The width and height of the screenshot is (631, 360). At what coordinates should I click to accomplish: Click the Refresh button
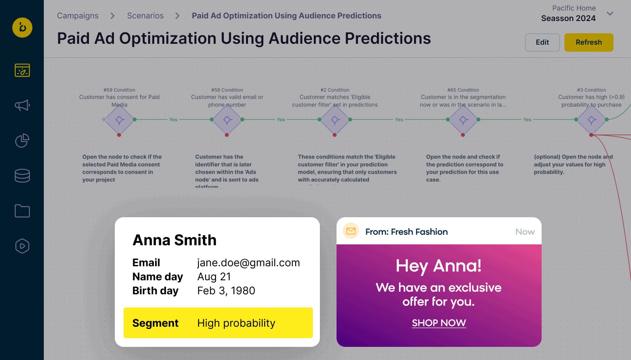point(588,42)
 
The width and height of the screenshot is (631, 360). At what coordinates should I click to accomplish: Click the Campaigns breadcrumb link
point(78,16)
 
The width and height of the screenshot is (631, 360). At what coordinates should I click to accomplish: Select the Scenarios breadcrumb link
point(145,16)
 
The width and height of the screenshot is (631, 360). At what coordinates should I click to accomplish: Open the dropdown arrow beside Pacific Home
point(610,14)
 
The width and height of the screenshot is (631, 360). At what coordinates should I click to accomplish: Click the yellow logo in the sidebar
point(22,28)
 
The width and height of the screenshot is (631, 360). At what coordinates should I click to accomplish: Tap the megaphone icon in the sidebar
point(22,105)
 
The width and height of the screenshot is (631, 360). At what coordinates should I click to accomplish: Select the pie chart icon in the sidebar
point(22,141)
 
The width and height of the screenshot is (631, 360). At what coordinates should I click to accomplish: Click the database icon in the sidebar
point(22,176)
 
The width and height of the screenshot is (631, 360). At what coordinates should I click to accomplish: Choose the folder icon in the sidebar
point(22,211)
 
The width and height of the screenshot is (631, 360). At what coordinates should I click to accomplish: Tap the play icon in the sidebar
point(22,246)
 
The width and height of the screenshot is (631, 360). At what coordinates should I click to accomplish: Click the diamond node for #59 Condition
point(119,120)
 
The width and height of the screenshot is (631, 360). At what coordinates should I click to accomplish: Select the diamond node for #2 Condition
point(335,120)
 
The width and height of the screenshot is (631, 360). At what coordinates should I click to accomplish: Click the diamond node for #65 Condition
point(463,120)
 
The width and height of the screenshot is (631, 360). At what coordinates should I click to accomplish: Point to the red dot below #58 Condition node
point(227,135)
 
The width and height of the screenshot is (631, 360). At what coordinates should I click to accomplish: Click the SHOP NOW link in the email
point(439,323)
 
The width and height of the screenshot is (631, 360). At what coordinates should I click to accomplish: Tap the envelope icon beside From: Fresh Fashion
point(351,231)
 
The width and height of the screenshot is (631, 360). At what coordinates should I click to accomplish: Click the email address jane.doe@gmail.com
point(248,263)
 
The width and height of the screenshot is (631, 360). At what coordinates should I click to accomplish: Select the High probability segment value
point(236,323)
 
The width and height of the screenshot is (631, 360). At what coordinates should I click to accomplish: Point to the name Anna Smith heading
point(174,240)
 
